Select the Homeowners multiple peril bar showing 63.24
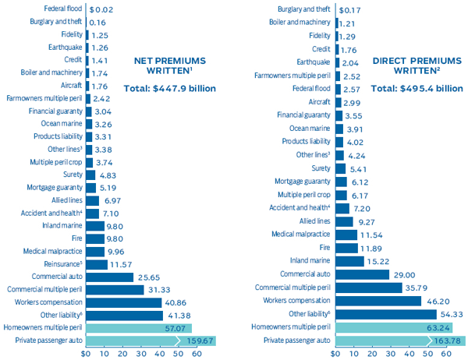point(382,327)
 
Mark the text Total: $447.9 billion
point(164,88)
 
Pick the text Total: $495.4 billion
point(416,88)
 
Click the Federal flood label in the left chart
point(59,9)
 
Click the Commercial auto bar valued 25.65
point(109,276)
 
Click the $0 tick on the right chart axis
point(336,353)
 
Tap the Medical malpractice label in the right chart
point(300,234)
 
